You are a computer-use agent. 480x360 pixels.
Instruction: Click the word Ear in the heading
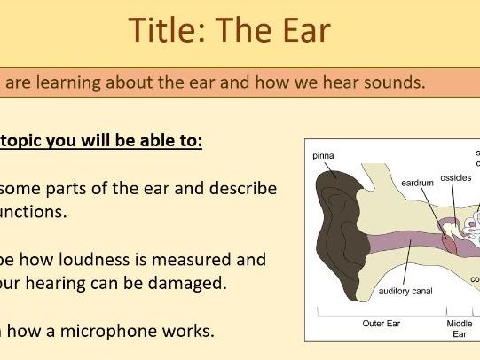click(303, 30)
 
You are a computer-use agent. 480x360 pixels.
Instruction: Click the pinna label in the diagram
click(323, 156)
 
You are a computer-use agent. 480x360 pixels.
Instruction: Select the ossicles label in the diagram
click(458, 177)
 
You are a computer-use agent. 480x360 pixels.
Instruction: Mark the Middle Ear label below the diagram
click(460, 329)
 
